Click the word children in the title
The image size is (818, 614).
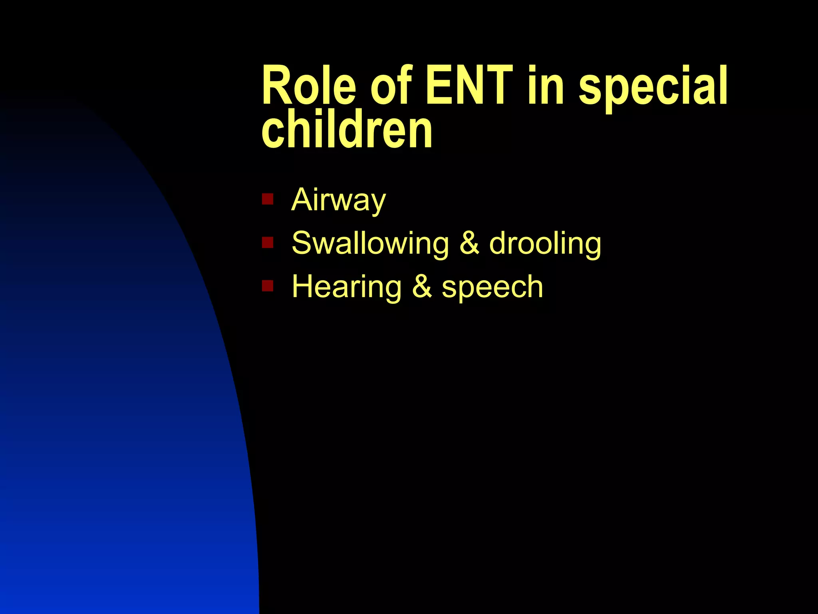pyautogui.click(x=347, y=130)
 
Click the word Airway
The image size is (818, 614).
pyautogui.click(x=339, y=200)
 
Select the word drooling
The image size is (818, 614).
pyautogui.click(x=545, y=244)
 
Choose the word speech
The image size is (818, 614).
pyautogui.click(x=492, y=287)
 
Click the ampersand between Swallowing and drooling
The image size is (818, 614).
pyautogui.click(x=469, y=243)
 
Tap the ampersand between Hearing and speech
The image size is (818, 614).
pyautogui.click(x=421, y=287)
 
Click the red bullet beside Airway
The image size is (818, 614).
pyautogui.click(x=267, y=199)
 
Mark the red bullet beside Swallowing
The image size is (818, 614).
pyautogui.click(x=267, y=242)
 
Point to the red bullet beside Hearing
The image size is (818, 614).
pyautogui.click(x=267, y=286)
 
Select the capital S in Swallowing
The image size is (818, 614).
pyautogui.click(x=302, y=243)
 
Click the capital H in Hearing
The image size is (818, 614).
pyautogui.click(x=303, y=286)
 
